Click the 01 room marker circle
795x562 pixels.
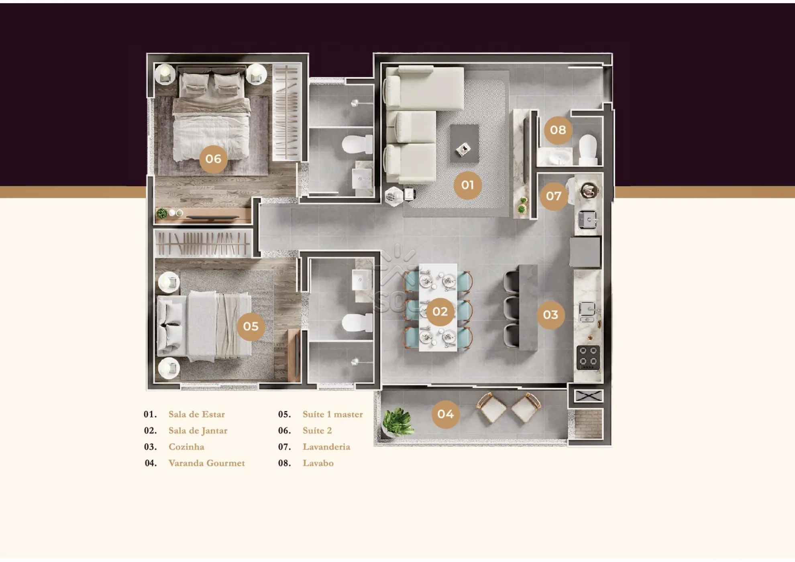pos(467,185)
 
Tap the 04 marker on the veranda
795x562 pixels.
pos(445,414)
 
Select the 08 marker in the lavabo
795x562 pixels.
pos(558,130)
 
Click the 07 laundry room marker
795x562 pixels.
pos(554,196)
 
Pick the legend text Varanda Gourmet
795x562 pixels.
pos(206,463)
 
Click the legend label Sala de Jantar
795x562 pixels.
pos(198,431)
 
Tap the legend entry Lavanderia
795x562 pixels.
pos(326,447)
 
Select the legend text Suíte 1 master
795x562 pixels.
pos(333,414)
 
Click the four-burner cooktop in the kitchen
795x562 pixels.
pos(588,357)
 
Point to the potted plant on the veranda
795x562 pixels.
pos(397,422)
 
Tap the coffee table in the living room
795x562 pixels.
pos(464,143)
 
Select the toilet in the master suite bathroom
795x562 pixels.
pos(357,322)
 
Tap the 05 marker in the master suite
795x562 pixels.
pos(251,326)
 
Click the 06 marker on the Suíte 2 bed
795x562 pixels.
pos(213,159)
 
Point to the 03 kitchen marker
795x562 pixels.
pos(550,315)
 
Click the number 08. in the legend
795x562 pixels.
pos(285,463)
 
